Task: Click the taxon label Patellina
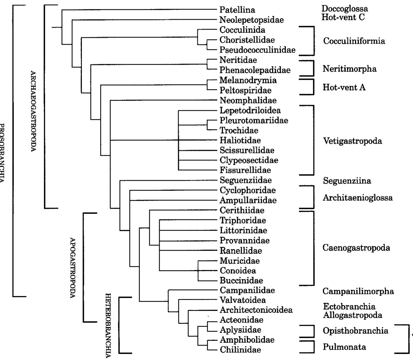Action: click(x=237, y=10)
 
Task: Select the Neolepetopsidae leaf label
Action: click(x=251, y=20)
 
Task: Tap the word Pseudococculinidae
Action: click(x=257, y=50)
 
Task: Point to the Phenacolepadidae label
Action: click(x=255, y=70)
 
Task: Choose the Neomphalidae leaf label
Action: click(x=248, y=100)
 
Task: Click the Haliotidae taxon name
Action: click(x=240, y=140)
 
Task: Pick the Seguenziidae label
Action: click(x=246, y=180)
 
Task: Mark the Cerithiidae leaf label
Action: click(x=242, y=210)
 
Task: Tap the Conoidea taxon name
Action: click(x=238, y=271)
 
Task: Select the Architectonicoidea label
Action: click(x=256, y=310)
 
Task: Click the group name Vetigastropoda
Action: click(x=352, y=141)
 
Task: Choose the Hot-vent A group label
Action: click(x=344, y=87)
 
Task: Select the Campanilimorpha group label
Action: click(x=358, y=291)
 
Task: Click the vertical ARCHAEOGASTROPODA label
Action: click(x=33, y=111)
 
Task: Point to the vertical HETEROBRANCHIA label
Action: click(x=108, y=325)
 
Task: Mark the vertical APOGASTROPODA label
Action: click(x=72, y=267)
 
